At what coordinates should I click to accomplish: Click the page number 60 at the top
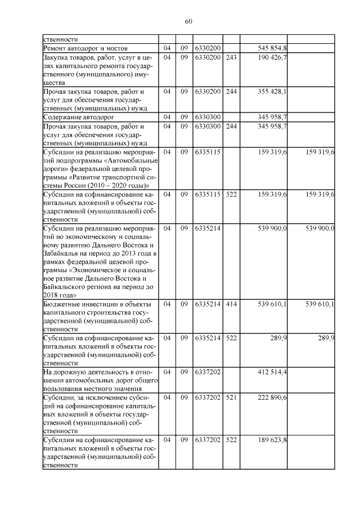(188, 22)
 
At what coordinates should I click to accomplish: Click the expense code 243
(231, 57)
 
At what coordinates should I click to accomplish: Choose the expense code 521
(231, 398)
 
